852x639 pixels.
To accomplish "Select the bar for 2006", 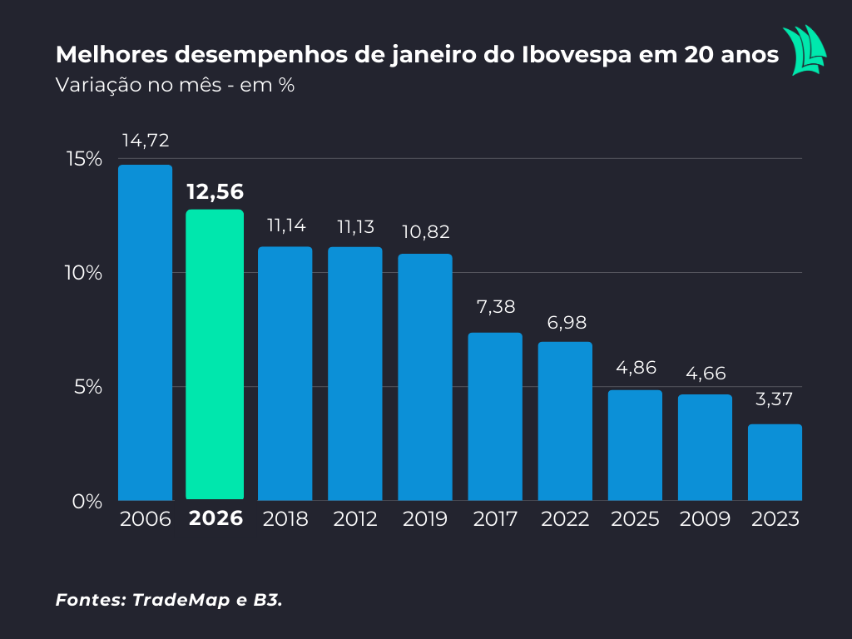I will click(x=145, y=332).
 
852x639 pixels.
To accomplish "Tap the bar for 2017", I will click(x=495, y=416).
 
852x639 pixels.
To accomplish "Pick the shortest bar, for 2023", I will click(x=775, y=462).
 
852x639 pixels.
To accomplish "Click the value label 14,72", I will click(x=146, y=141).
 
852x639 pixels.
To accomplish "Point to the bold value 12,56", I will click(x=215, y=192).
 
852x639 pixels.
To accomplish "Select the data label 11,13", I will click(x=354, y=226).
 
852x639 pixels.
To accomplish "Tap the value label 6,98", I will click(x=565, y=322).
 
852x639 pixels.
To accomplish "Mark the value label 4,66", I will click(x=705, y=374).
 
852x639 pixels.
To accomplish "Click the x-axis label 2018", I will click(x=285, y=519).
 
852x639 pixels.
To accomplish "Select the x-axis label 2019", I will click(x=425, y=519).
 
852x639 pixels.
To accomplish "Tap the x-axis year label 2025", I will click(x=635, y=519).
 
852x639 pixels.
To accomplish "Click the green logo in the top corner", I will click(x=805, y=50).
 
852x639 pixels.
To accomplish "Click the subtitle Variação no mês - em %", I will click(x=175, y=85).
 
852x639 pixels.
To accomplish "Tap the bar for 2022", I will click(x=565, y=421).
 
